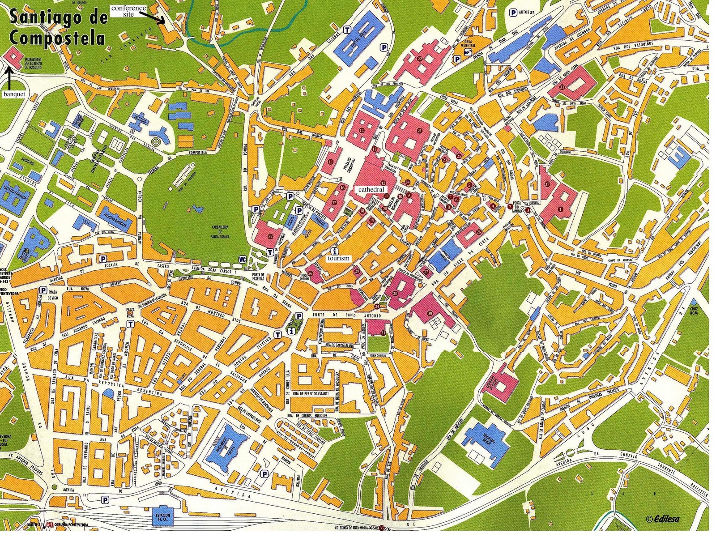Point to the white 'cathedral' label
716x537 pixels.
pos(371,190)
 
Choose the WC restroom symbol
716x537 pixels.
pos(243,259)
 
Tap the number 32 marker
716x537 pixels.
pos(270,236)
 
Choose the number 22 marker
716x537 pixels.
pos(419,59)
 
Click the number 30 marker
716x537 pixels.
pos(430,313)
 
